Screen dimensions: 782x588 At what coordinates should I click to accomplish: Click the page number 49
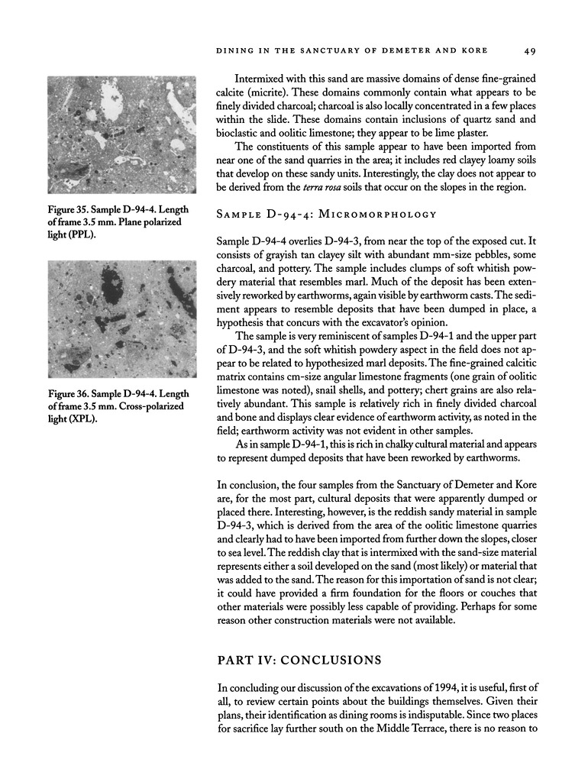531,51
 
